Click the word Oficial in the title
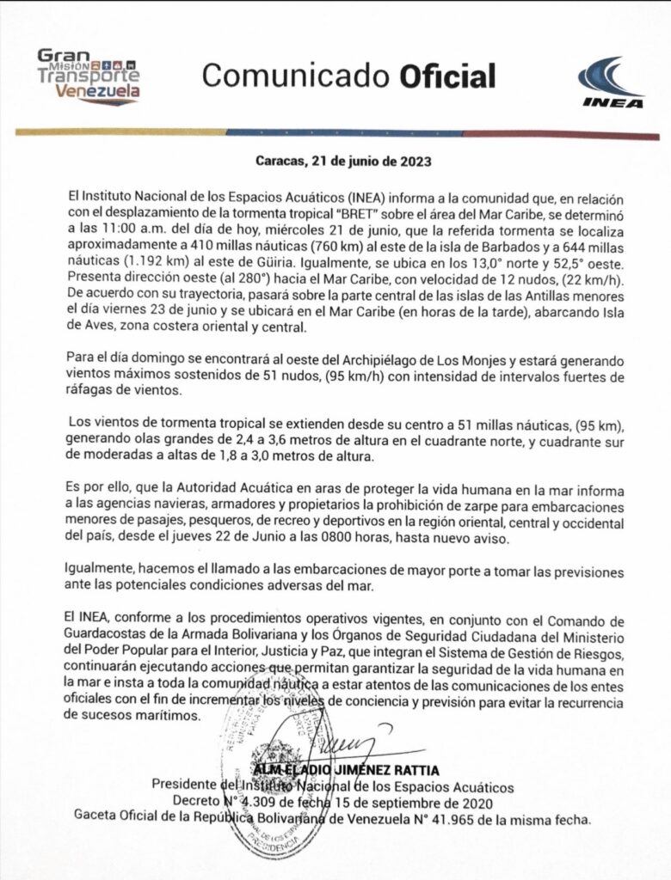click(447, 76)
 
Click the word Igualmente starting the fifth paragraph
click(102, 570)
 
